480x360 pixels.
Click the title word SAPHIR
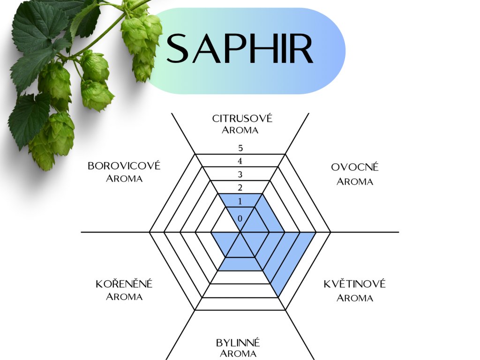click(x=240, y=49)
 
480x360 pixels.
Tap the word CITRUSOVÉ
click(x=242, y=118)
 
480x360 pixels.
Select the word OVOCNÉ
click(x=355, y=167)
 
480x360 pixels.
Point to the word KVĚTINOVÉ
click(x=355, y=284)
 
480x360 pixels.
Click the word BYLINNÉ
click(x=238, y=342)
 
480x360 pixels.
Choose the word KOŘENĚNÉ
click(x=124, y=284)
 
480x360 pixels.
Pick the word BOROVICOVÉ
click(x=124, y=166)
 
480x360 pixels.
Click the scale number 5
click(x=240, y=149)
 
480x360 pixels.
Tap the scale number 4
click(x=240, y=162)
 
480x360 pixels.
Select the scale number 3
click(x=240, y=175)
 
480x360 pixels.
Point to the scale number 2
click(x=240, y=188)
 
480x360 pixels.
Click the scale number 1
click(x=240, y=202)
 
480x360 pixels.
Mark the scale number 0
click(x=240, y=218)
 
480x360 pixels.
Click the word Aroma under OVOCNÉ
click(x=355, y=181)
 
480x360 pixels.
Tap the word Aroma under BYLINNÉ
click(x=238, y=354)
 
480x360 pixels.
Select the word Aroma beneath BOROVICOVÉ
click(x=124, y=179)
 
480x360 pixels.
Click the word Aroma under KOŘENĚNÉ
click(x=124, y=297)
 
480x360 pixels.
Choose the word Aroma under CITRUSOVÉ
click(x=240, y=130)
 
